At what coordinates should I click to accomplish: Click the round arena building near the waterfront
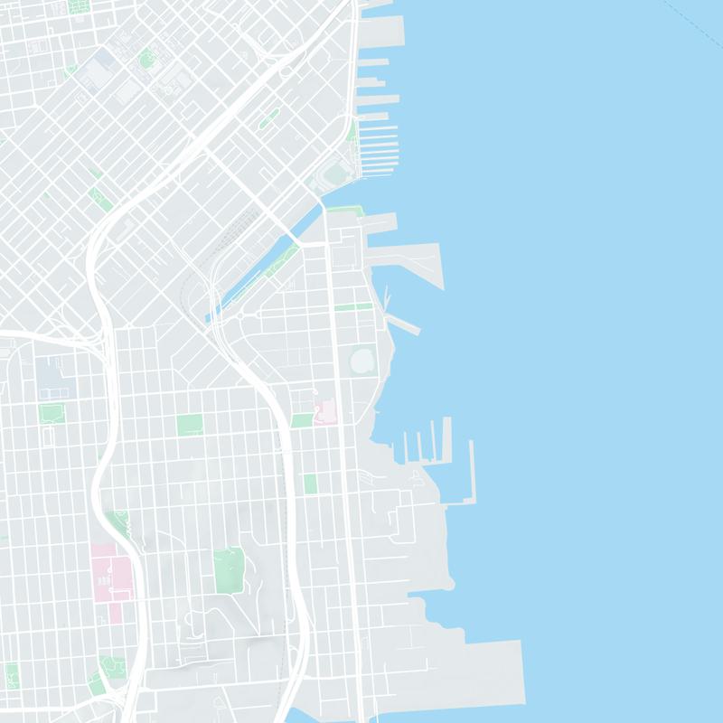[x=361, y=361]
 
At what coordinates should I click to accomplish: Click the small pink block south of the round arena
[x=325, y=413]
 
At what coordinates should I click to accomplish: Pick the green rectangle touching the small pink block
[x=302, y=420]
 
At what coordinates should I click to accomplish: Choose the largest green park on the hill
[x=229, y=568]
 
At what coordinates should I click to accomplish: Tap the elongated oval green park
[x=269, y=118]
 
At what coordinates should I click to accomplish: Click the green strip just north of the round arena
[x=352, y=307]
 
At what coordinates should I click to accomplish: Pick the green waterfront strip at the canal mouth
[x=344, y=210]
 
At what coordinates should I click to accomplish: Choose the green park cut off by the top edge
[x=79, y=5]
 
